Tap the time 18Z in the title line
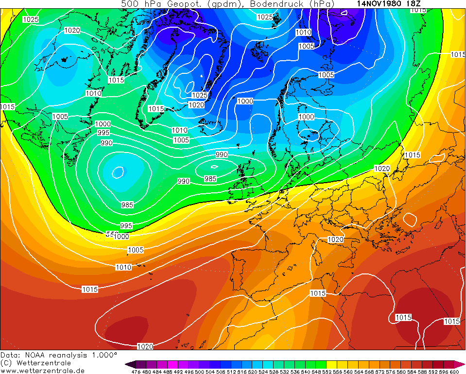(414, 3)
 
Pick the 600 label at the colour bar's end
(454, 372)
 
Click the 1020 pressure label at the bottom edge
(145, 346)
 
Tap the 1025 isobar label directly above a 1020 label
(200, 95)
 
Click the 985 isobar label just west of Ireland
(210, 179)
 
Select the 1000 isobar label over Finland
(306, 117)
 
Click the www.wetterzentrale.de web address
(42, 371)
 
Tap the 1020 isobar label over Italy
(335, 239)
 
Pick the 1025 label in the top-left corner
(31, 19)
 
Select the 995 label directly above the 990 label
(103, 133)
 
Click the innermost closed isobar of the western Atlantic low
(118, 171)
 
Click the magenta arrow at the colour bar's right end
(462, 364)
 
